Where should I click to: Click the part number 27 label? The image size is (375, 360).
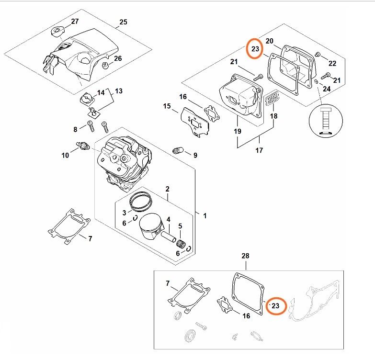[x=75, y=22]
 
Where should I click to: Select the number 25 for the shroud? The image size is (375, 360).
[x=123, y=22]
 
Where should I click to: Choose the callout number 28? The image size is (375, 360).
[x=246, y=257]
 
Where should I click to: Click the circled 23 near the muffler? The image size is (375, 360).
[x=255, y=49]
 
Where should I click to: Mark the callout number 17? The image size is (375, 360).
[x=259, y=151]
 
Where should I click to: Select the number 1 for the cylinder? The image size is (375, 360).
[x=205, y=216]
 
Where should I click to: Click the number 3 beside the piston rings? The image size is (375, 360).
[x=124, y=213]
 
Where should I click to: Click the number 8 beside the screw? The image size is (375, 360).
[x=75, y=129]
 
